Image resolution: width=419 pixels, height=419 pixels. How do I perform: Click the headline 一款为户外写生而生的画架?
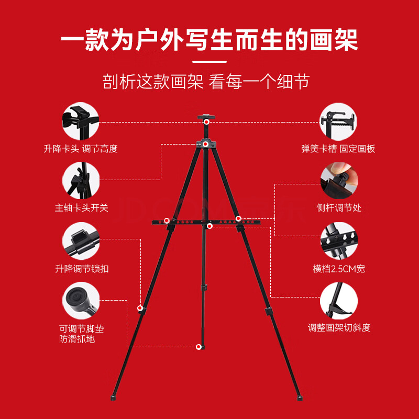pos(209,40)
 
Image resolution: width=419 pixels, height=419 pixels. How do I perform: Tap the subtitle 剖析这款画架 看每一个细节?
pos(206,82)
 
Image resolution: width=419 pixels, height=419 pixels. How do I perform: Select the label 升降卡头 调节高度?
pos(81,149)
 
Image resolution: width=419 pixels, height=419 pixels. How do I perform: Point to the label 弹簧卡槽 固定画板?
pos(338,149)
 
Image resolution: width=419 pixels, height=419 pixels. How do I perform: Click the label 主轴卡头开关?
pos(82,207)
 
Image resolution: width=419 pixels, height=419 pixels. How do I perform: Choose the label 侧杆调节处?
pos(339,207)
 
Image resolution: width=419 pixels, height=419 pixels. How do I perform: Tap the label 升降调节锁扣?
pos(82,269)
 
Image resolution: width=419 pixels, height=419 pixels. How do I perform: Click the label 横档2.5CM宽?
pos(339,269)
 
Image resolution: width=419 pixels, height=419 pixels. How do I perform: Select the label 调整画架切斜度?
pos(339,327)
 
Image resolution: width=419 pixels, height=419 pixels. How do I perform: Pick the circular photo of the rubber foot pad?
pos(81,301)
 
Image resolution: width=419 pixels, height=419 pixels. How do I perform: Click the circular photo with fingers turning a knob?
pos(339,180)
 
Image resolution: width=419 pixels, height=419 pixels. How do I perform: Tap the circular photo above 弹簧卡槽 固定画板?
pos(338,122)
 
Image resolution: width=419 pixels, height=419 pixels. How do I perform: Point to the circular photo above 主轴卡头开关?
pos(81,180)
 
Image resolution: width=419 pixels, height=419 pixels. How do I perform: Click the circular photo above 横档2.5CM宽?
pos(339,240)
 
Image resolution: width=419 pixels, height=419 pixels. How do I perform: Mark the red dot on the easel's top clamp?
pos(206,122)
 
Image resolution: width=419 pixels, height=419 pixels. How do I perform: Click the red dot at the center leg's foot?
pos(199,347)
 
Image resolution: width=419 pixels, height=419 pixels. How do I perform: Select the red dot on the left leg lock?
pos(140,308)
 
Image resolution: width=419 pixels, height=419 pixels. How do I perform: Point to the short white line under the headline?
pos(210,62)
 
